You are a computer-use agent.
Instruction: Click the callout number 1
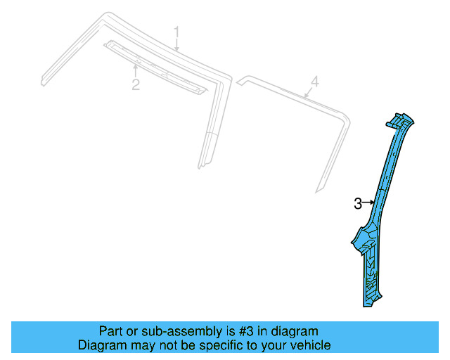click(177, 32)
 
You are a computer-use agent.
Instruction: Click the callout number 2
click(135, 85)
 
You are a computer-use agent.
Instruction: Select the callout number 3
click(358, 204)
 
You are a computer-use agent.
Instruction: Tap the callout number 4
click(315, 82)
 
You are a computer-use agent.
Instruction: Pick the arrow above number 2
click(135, 70)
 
